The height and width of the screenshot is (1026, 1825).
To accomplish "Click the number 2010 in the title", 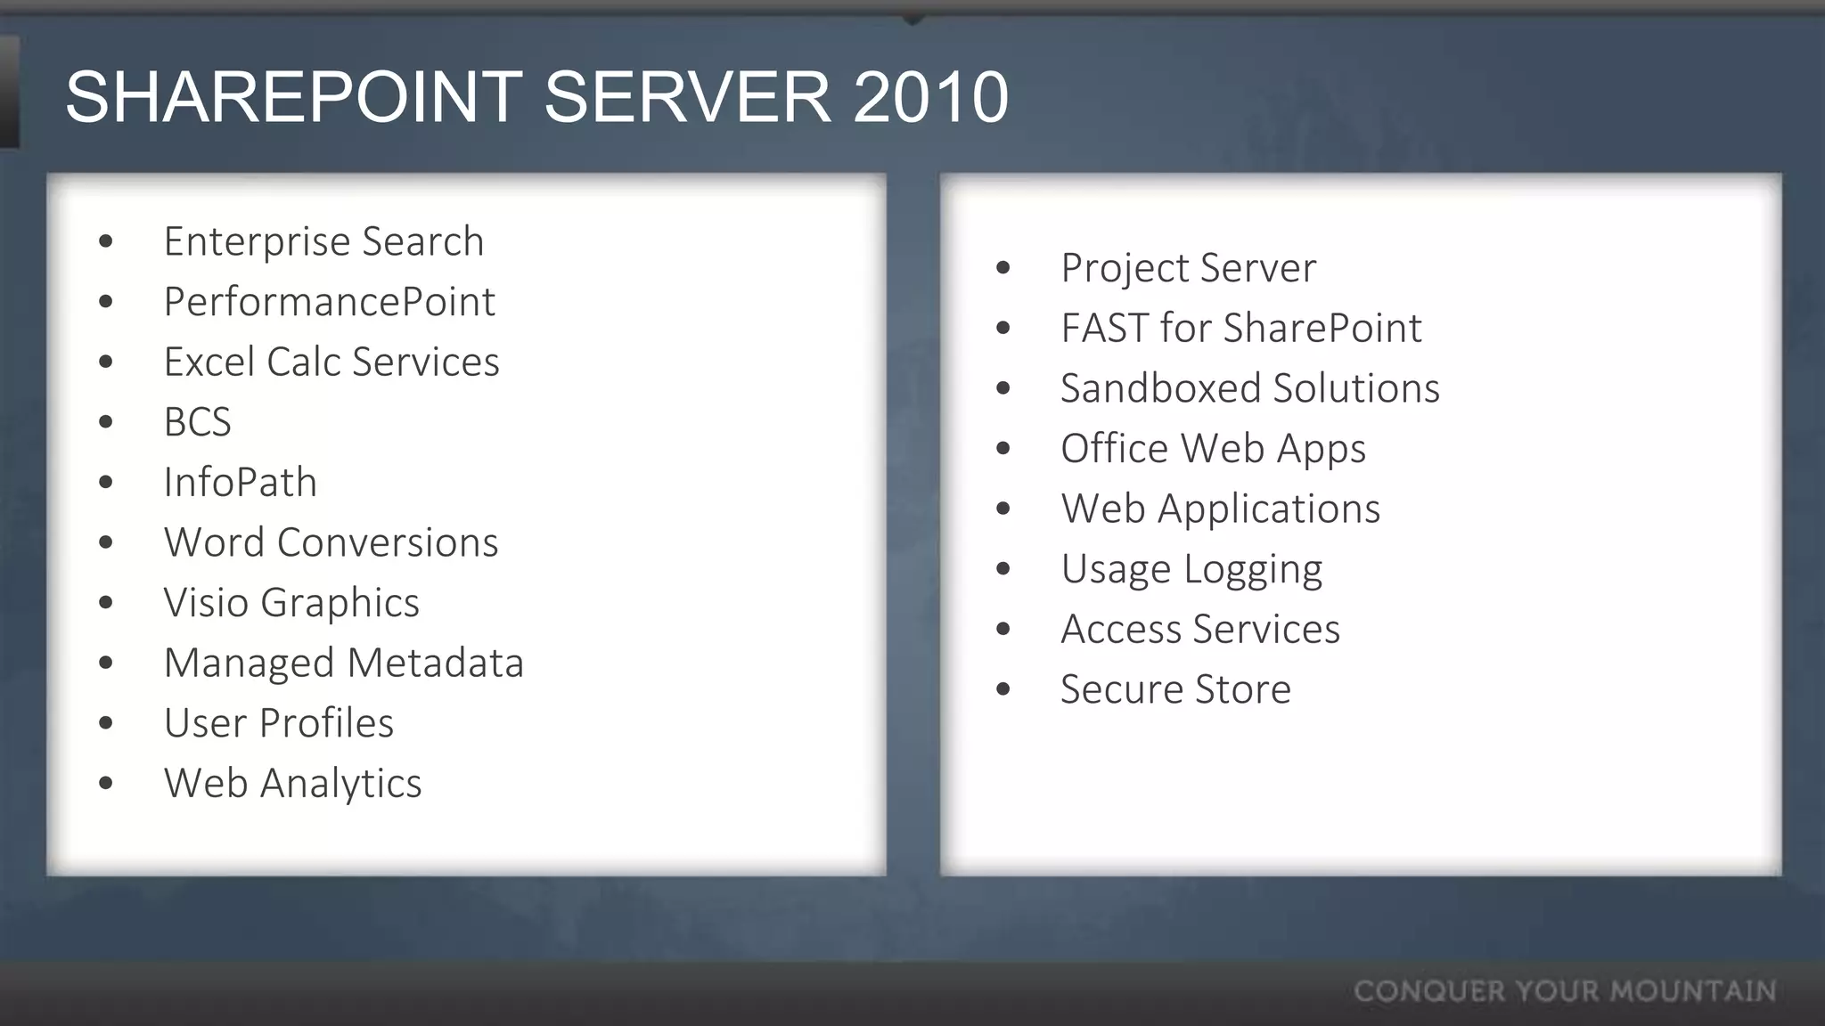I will point(929,97).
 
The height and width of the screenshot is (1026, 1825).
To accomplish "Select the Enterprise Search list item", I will point(323,241).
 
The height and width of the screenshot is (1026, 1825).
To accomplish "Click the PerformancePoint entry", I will point(329,302).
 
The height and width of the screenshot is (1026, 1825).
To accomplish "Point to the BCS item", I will point(197,422).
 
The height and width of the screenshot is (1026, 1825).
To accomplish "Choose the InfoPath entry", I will point(240,483).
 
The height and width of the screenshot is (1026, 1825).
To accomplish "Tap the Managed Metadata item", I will point(343,664).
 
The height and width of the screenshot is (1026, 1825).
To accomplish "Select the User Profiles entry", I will point(278,723).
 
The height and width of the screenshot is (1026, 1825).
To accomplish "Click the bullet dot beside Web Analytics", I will point(107,784).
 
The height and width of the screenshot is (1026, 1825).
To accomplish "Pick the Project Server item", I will point(1188,268).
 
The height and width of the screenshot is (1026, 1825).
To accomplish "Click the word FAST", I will point(1104,328).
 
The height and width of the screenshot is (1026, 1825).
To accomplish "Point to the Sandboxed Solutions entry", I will point(1249,388).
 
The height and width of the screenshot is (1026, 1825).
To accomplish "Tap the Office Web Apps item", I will point(1212,449).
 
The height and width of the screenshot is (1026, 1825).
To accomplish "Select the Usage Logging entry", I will point(1191,569).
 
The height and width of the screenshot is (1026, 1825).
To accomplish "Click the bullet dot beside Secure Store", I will point(1003,689).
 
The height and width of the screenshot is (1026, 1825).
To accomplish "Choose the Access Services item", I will point(1199,630).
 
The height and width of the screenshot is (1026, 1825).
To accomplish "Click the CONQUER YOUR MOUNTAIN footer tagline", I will point(1565,991).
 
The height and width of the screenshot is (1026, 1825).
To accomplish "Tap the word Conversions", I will point(388,542).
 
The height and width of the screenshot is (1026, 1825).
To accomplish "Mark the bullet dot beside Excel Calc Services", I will point(107,362).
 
